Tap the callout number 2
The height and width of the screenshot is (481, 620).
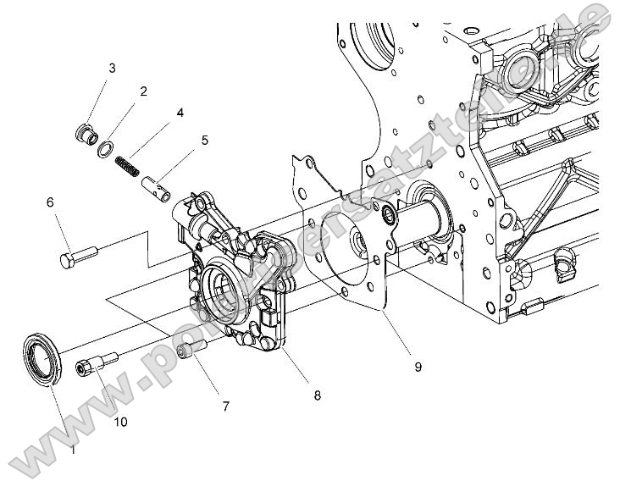(x=143, y=91)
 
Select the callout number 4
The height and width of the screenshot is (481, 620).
(x=180, y=112)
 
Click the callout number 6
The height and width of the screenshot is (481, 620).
(x=50, y=202)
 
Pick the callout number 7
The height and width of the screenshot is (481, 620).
(x=225, y=406)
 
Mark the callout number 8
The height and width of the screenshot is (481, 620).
(x=317, y=395)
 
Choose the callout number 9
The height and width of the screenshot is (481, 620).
(x=418, y=367)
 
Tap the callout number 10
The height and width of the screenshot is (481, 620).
(x=119, y=421)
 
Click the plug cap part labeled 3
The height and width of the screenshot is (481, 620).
(x=83, y=134)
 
